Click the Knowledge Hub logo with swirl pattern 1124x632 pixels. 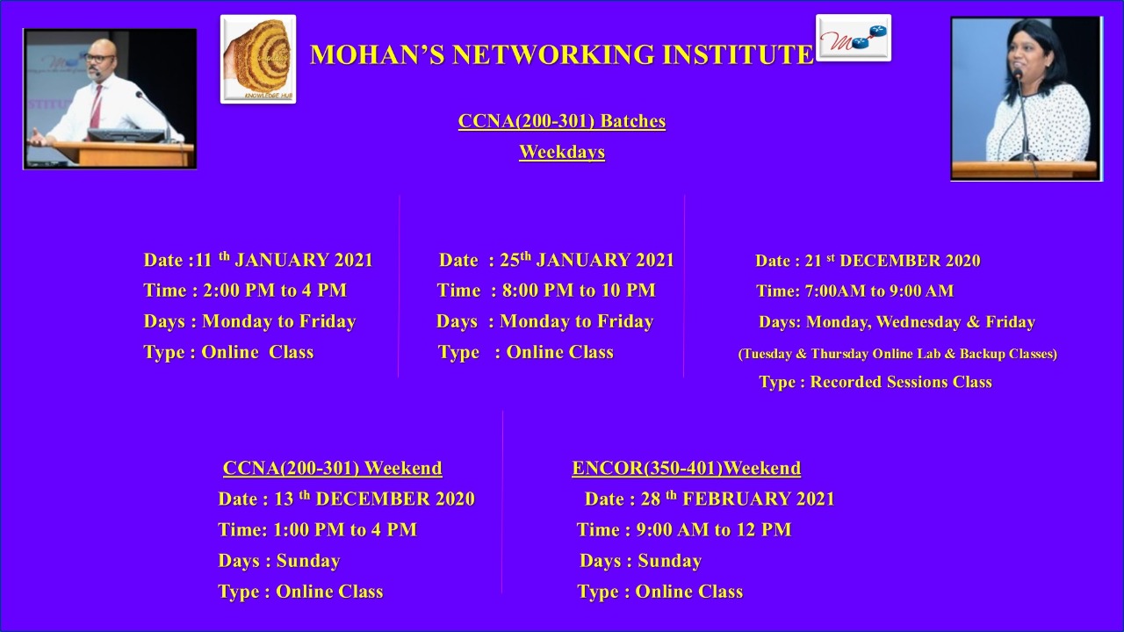click(x=258, y=59)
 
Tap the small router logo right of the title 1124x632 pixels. click(x=854, y=38)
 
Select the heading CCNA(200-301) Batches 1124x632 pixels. click(x=562, y=121)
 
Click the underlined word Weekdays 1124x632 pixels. click(x=562, y=152)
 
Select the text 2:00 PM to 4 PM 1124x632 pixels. click(x=275, y=291)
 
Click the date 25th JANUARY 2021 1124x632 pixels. click(x=587, y=260)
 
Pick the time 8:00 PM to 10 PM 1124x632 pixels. click(x=579, y=291)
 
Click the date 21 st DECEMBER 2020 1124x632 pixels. click(x=893, y=261)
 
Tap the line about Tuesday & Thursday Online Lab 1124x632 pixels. click(x=897, y=354)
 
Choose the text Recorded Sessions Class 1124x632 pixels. click(x=901, y=382)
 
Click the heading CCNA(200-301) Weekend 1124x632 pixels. click(x=332, y=468)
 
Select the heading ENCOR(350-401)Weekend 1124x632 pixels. click(x=687, y=468)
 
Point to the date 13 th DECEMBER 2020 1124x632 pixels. click(x=375, y=499)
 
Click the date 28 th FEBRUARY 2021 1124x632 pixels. click(x=738, y=499)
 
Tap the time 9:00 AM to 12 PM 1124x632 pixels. click(x=714, y=529)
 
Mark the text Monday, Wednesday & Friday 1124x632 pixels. click(x=920, y=322)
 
